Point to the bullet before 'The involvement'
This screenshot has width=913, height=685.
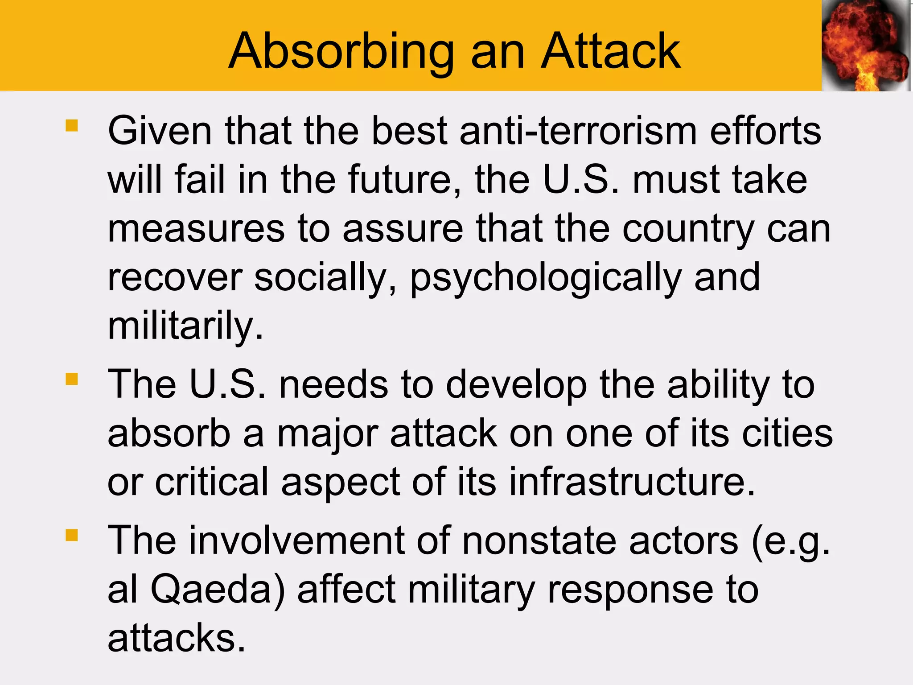pyautogui.click(x=71, y=535)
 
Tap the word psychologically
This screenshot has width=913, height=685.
pyautogui.click(x=546, y=277)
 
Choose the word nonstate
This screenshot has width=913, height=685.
pyautogui.click(x=539, y=541)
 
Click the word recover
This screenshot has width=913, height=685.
pyautogui.click(x=175, y=277)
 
